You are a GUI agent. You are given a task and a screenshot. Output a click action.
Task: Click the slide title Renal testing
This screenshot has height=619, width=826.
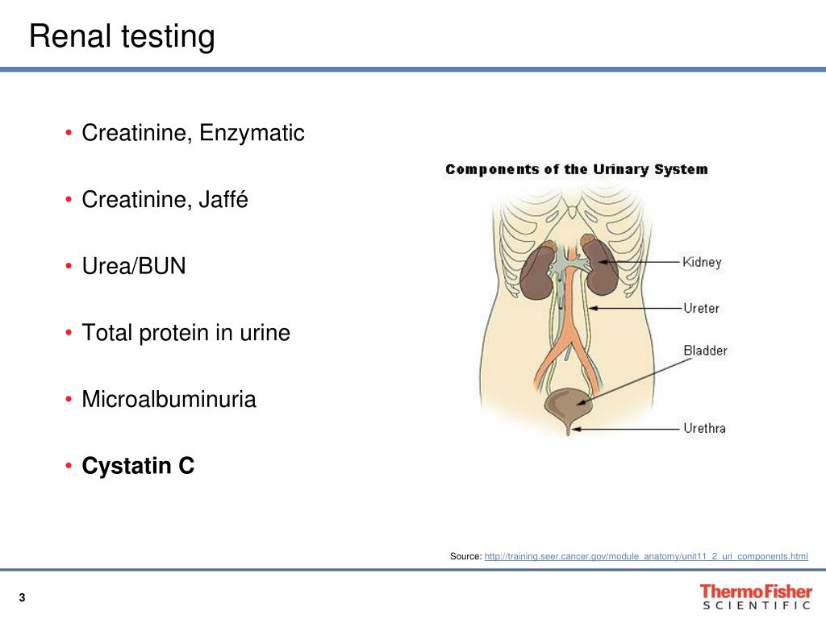pyautogui.click(x=122, y=37)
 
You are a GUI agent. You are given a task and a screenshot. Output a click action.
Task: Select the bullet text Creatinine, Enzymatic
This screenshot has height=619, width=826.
pyautogui.click(x=193, y=133)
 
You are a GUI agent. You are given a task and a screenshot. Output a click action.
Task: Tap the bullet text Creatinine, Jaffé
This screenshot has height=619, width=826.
pyautogui.click(x=165, y=200)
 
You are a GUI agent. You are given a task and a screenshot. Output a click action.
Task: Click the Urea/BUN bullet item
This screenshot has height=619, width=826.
pyautogui.click(x=134, y=266)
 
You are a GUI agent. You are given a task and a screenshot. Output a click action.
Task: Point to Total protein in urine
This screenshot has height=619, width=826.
pyautogui.click(x=186, y=332)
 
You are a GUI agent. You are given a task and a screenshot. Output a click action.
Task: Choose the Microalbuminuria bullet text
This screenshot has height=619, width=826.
pyautogui.click(x=169, y=399)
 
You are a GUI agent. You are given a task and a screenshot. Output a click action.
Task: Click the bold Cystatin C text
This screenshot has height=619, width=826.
pyautogui.click(x=138, y=466)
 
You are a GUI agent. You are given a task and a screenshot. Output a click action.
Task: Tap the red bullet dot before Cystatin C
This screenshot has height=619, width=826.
pyautogui.click(x=70, y=467)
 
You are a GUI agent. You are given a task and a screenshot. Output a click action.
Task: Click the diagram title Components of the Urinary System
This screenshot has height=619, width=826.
pyautogui.click(x=576, y=169)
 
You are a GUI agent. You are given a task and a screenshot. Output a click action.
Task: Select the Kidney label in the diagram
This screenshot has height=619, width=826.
pyautogui.click(x=702, y=262)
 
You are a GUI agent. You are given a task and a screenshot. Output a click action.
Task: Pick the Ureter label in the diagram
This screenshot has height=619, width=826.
pyautogui.click(x=700, y=308)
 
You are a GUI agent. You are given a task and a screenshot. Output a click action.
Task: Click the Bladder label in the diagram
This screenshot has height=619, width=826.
pyautogui.click(x=704, y=351)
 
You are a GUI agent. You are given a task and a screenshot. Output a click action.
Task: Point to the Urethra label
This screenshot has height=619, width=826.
pyautogui.click(x=703, y=428)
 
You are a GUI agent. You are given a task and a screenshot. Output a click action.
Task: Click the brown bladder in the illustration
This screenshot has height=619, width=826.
pyautogui.click(x=568, y=403)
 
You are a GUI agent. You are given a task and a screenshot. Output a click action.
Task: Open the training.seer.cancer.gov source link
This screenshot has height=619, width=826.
pyautogui.click(x=645, y=556)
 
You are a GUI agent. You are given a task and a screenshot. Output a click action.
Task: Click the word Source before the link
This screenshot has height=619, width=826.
pyautogui.click(x=465, y=556)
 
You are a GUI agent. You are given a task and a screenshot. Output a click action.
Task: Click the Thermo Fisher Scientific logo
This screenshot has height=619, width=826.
pyautogui.click(x=755, y=597)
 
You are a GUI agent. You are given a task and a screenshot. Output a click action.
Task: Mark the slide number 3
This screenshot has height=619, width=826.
pyautogui.click(x=22, y=597)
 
